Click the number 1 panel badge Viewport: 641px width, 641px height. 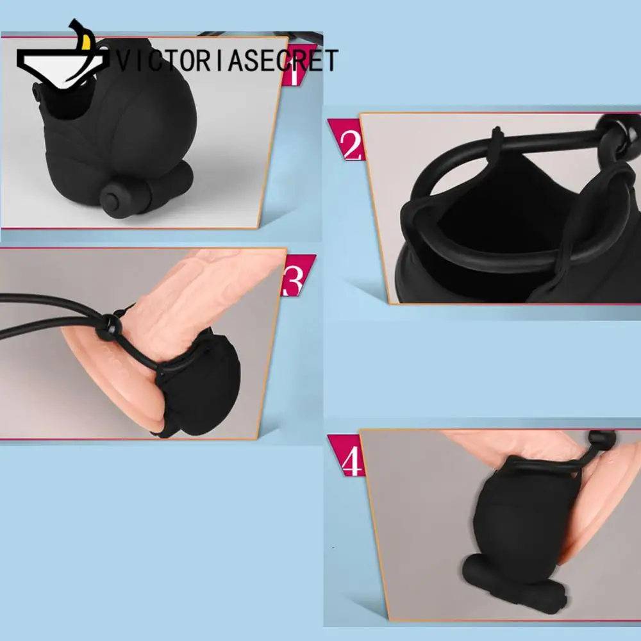click(296, 72)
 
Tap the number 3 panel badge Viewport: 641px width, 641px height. click(296, 276)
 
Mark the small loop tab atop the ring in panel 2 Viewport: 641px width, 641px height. click(497, 137)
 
